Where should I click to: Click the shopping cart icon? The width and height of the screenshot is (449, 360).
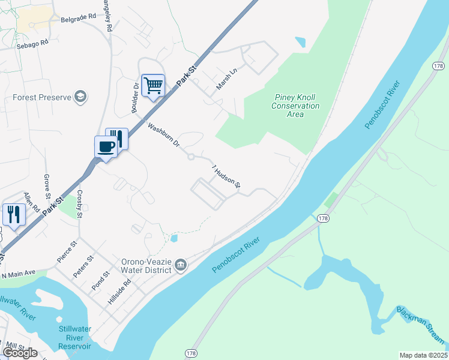coord(153,85)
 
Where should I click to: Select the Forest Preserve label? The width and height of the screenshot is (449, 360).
coord(41,97)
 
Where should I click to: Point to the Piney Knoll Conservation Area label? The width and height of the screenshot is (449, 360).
coord(295,106)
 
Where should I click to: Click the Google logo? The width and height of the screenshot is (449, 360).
coord(20,352)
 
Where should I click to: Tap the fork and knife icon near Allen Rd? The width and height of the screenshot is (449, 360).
coord(13,214)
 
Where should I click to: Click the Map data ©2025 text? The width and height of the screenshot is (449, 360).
coord(423,355)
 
